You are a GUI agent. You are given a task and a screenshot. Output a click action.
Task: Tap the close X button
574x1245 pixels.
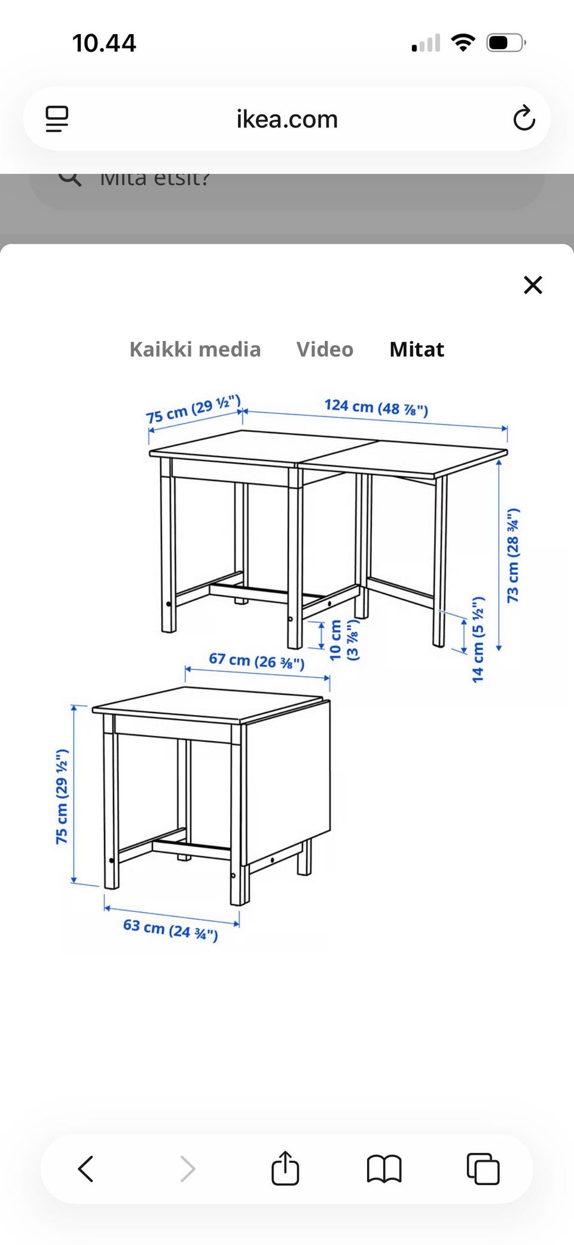[x=533, y=285]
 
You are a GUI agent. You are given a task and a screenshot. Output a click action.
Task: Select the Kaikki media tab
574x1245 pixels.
[x=195, y=349]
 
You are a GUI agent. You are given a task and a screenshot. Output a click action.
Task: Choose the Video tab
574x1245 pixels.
[x=325, y=349]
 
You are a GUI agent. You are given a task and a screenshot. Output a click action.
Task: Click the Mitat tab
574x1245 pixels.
[x=417, y=349]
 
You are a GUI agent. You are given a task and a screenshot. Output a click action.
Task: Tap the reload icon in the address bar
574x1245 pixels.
[x=524, y=118]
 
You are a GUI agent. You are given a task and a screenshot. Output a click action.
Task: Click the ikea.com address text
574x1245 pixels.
[x=287, y=119]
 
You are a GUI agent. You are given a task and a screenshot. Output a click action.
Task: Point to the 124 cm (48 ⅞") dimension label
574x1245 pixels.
[x=376, y=407]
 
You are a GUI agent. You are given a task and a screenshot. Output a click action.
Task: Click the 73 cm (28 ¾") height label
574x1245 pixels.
[x=513, y=555]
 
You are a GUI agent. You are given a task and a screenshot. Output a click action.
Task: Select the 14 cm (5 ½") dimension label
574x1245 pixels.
[x=478, y=639]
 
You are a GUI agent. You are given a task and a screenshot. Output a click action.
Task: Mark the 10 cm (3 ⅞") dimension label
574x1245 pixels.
[x=343, y=640]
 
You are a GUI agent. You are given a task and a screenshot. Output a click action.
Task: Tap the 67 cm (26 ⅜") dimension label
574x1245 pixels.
[x=257, y=661]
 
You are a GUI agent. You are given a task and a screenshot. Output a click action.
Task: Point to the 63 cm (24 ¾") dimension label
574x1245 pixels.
[x=170, y=929]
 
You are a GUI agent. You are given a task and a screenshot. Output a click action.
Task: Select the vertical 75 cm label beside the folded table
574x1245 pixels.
[x=62, y=796]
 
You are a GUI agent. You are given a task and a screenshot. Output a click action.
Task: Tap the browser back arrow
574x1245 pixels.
[x=86, y=1168]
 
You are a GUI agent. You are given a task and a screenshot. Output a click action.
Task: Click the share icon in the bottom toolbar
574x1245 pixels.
[x=285, y=1168]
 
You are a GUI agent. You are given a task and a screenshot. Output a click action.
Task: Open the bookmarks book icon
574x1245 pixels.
[x=384, y=1168]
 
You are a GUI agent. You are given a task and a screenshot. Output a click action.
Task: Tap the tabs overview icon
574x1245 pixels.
[x=483, y=1168]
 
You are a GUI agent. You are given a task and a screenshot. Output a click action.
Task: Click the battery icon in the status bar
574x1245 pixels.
[x=506, y=43]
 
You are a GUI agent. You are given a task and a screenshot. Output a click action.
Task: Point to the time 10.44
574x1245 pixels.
[x=104, y=43]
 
